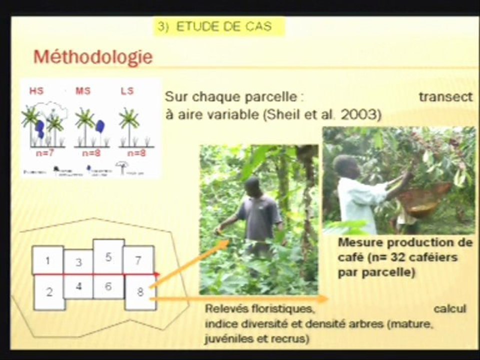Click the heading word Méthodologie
[x=92, y=56]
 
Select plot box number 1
[x=47, y=260]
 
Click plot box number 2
[x=49, y=292]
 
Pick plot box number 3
[x=78, y=262]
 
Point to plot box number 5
[x=108, y=256]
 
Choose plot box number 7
[x=138, y=260]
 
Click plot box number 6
[x=108, y=286]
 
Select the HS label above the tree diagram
[x=36, y=91]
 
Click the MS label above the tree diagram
[x=83, y=91]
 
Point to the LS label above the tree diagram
[x=127, y=91]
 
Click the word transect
[x=445, y=97]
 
